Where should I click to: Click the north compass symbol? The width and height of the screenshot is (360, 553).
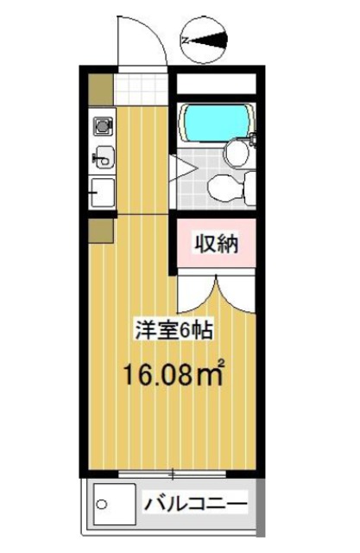pos(205,40)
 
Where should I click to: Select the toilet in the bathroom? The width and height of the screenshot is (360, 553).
pos(231,185)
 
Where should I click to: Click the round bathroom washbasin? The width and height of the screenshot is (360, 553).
pos(236,153)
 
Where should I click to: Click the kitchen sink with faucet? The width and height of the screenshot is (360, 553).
pos(102,157)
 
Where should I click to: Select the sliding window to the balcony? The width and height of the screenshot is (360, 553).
pos(173,473)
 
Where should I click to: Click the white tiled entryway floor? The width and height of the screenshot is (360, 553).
pos(141,86)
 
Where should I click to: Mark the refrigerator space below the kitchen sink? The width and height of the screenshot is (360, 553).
pos(101,191)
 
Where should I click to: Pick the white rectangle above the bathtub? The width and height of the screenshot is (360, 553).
pos(216,85)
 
